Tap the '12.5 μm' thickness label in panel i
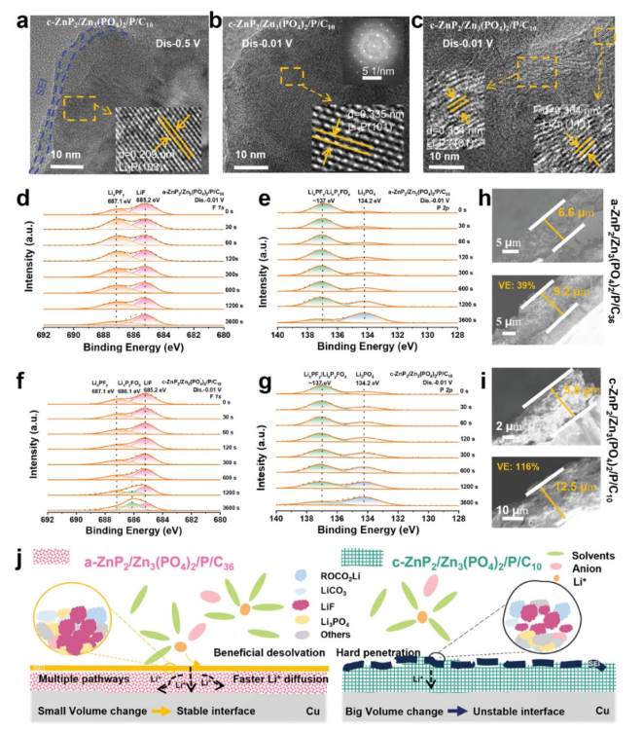point(568,500)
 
